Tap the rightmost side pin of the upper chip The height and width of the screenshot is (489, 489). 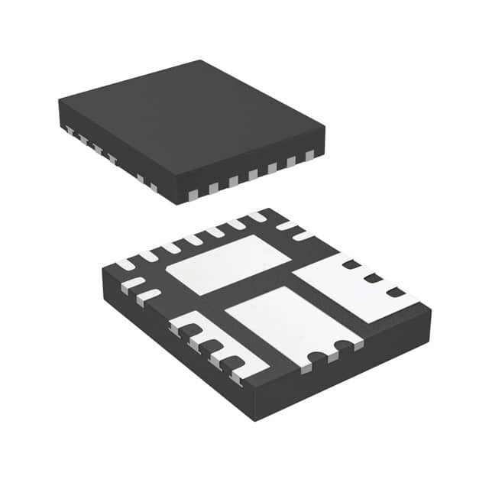point(309,156)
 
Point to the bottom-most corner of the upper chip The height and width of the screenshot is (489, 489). point(177,203)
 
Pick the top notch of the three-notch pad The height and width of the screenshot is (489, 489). point(351,265)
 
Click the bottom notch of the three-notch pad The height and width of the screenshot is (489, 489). point(394,292)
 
